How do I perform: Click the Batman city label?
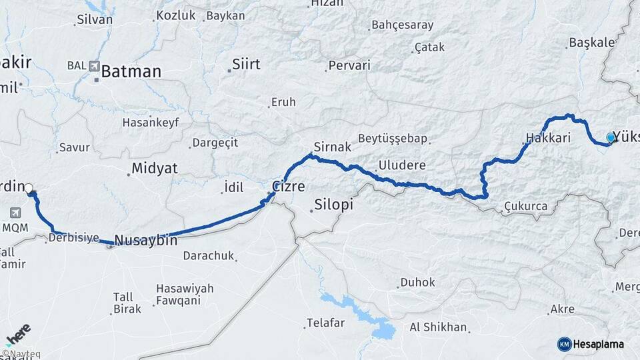[131, 71]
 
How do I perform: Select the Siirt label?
[245, 65]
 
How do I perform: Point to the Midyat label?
[155, 168]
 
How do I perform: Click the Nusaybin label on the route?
[145, 240]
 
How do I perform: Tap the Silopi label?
[333, 205]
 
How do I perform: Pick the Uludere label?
[401, 165]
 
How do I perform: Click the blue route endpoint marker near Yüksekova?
[610, 138]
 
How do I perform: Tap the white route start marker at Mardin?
[29, 189]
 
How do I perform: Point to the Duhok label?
[418, 283]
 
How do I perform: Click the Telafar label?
[325, 323]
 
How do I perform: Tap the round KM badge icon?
[564, 344]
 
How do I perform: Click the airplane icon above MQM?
[15, 213]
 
